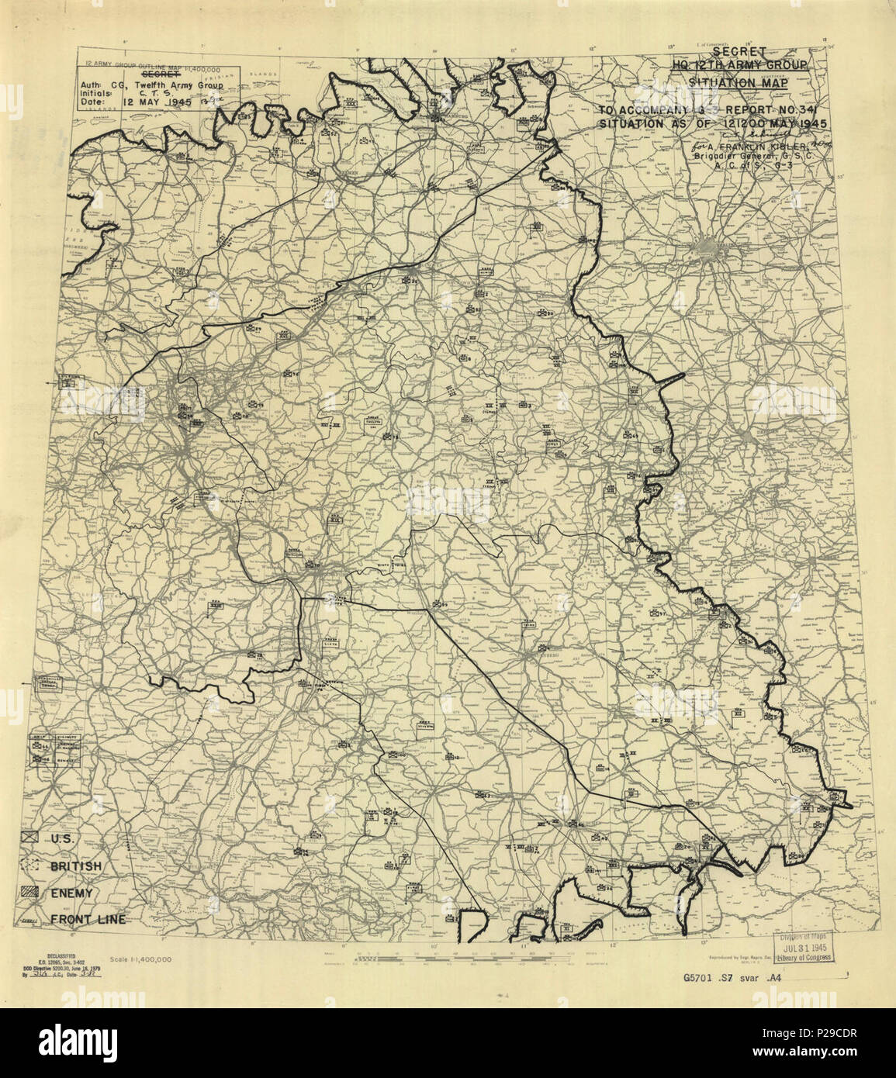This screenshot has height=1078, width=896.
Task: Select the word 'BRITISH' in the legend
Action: [76, 866]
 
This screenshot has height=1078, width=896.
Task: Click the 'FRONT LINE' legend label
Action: [88, 920]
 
